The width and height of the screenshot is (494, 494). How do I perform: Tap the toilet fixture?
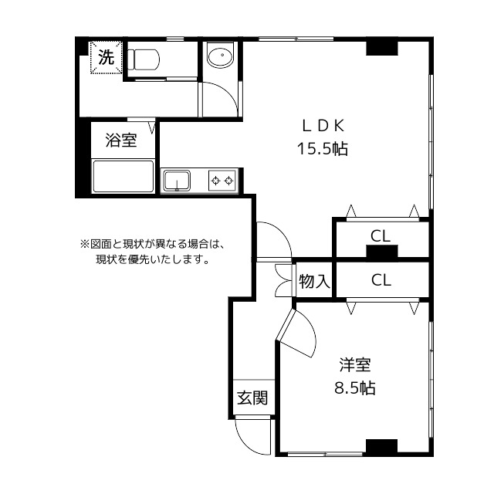[x=144, y=59]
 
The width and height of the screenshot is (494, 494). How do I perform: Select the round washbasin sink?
[x=221, y=56]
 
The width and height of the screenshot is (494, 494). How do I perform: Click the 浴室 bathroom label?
[x=120, y=140]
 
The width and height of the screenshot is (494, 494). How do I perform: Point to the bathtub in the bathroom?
[x=123, y=178]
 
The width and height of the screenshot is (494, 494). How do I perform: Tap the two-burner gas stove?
[x=223, y=181]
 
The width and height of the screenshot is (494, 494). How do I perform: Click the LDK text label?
[x=323, y=126]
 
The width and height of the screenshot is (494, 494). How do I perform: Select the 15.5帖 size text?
[x=323, y=148]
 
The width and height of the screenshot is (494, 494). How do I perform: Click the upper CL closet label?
[x=379, y=235]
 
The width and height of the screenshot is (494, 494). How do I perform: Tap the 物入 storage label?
[x=314, y=282]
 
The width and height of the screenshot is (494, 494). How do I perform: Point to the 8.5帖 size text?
[x=354, y=387]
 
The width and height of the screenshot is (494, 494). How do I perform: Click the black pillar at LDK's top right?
[x=381, y=49]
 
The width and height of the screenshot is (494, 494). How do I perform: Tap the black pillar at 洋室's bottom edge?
[x=381, y=447]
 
